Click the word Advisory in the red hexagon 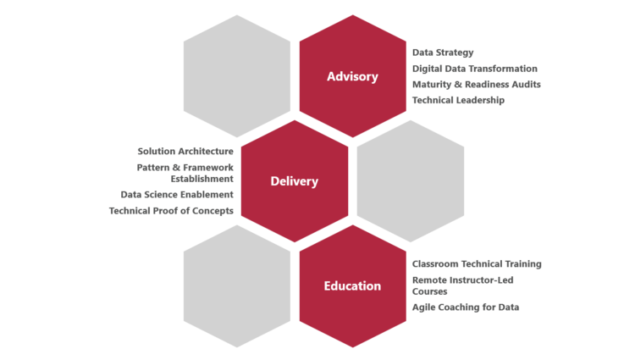click(352, 77)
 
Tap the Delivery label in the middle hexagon click(295, 181)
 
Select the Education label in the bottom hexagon click(352, 285)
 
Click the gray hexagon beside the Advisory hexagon click(237, 76)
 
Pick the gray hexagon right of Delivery click(410, 181)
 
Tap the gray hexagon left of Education click(237, 285)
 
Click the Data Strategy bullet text click(443, 53)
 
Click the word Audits click(526, 85)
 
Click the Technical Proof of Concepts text click(170, 210)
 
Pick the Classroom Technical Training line click(476, 264)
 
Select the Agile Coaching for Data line click(465, 307)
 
